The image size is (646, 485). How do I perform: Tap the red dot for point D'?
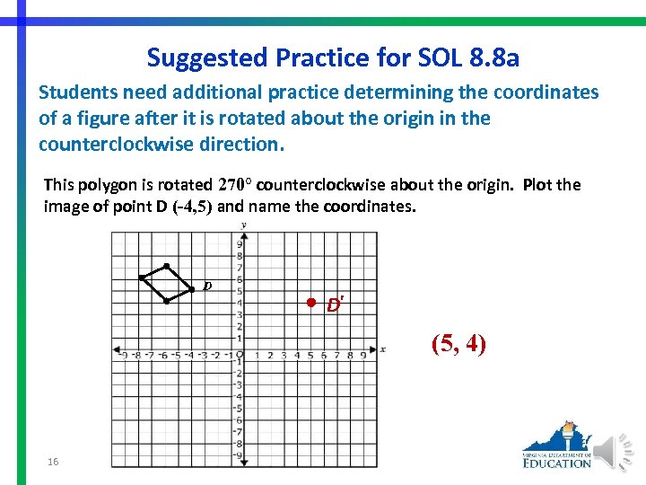coord(309,302)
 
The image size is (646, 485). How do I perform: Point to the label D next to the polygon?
coord(207,287)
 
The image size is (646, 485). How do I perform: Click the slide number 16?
coord(53,461)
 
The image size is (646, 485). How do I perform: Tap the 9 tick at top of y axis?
coord(240,244)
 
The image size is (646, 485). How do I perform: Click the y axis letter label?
coord(244,225)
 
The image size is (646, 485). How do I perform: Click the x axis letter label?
coord(383,349)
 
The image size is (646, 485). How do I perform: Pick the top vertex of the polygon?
coord(167,266)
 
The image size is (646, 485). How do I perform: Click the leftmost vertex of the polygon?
coord(141,277)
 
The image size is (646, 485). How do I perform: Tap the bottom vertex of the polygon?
coord(167,301)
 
